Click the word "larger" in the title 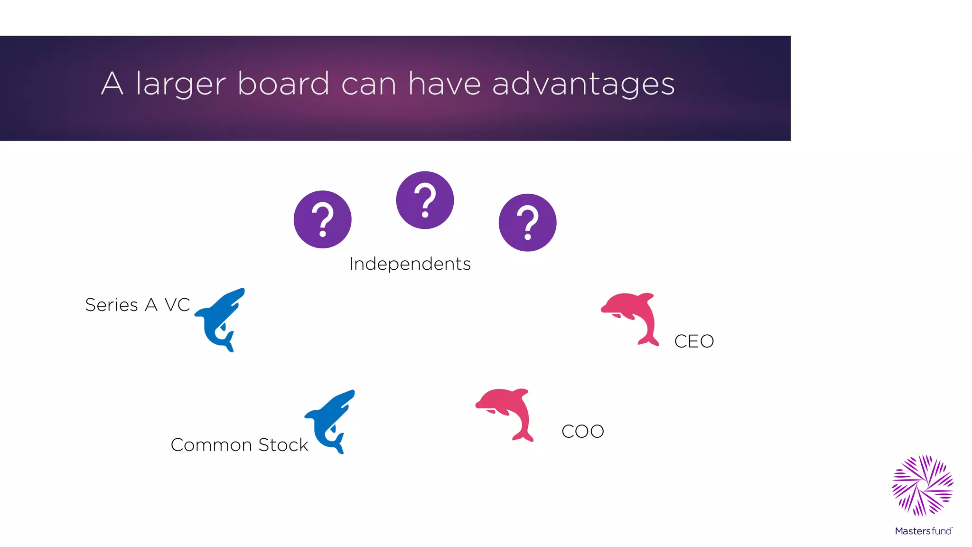(181, 85)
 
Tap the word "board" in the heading (283, 84)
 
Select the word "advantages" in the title (583, 85)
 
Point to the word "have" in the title (444, 84)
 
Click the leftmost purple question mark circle (323, 219)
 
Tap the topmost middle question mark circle (425, 200)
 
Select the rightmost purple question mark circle (527, 222)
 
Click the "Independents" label (410, 264)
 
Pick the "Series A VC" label (138, 305)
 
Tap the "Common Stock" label (239, 445)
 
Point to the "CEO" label (694, 341)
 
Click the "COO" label (582, 432)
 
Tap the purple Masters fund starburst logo (923, 485)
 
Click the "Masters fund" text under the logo (923, 531)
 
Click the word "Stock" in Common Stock (283, 445)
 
